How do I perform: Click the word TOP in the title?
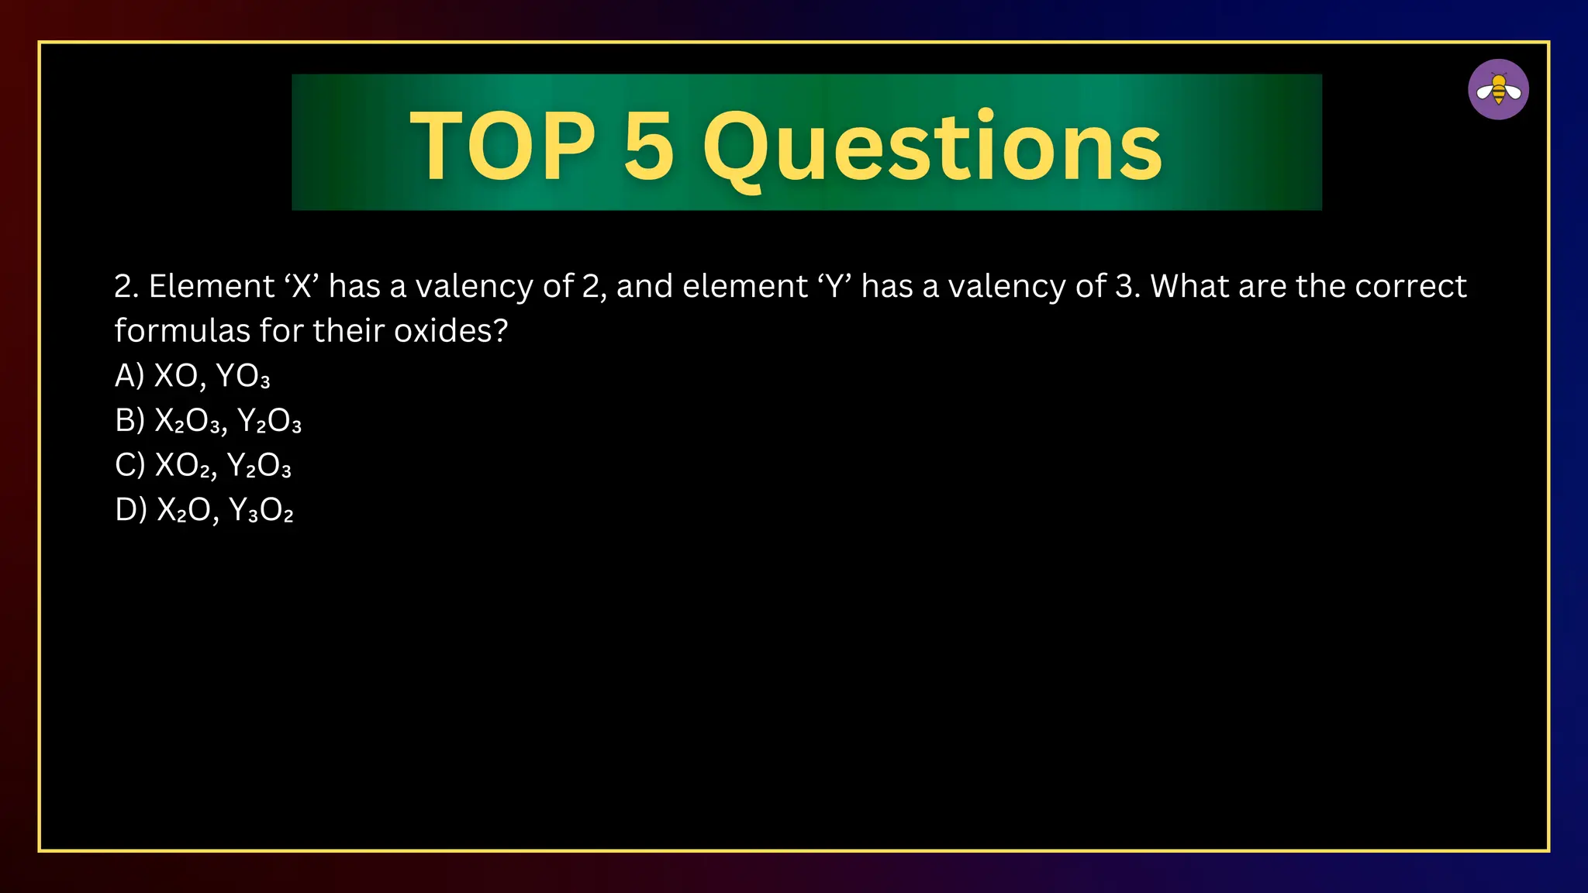tap(502, 146)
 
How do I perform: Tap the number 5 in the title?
tap(648, 146)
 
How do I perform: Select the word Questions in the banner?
tap(932, 147)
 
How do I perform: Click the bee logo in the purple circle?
tap(1498, 90)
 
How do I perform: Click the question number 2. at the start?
tap(126, 286)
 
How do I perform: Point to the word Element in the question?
tap(211, 286)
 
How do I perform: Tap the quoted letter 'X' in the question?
tap(302, 286)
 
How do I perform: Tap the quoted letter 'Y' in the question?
tap(834, 286)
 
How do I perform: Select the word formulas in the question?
tap(181, 331)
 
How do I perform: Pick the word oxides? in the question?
tap(451, 331)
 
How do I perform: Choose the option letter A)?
tap(129, 376)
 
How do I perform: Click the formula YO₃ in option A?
tap(243, 377)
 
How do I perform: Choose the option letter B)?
tap(129, 421)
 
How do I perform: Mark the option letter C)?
tap(129, 465)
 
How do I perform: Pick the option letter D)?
tap(130, 510)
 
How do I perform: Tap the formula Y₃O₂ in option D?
tap(261, 511)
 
